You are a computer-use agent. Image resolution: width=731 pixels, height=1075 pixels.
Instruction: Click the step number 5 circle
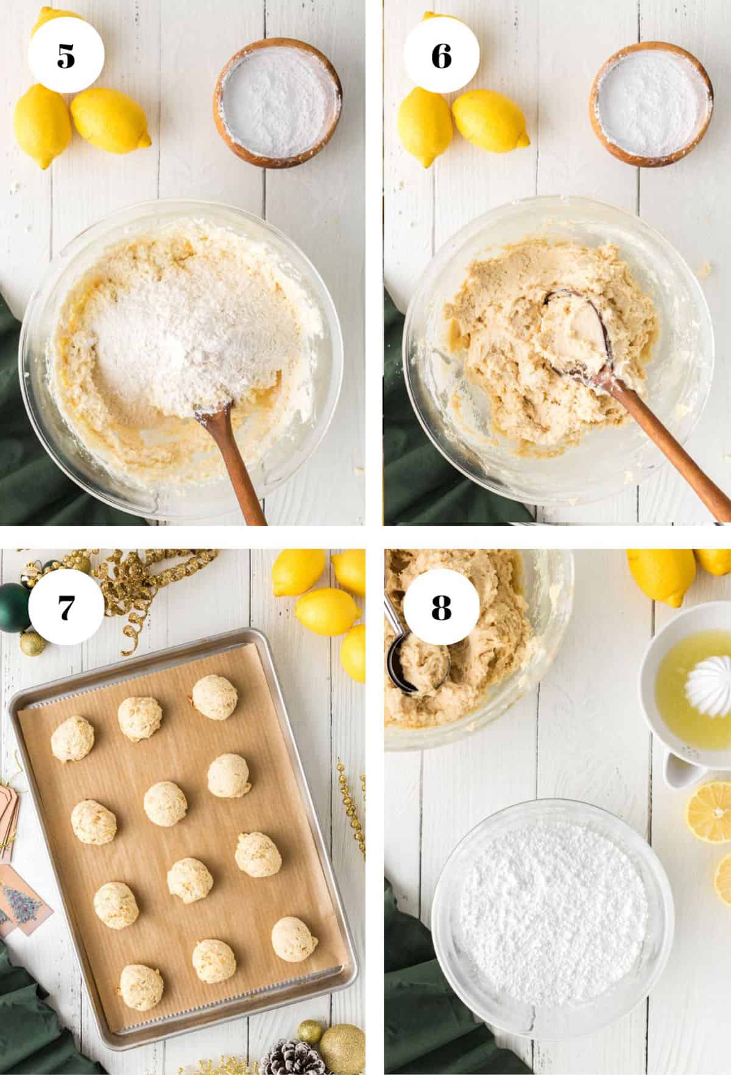(66, 56)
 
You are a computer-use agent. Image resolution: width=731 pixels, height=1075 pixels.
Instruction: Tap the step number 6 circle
(441, 56)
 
